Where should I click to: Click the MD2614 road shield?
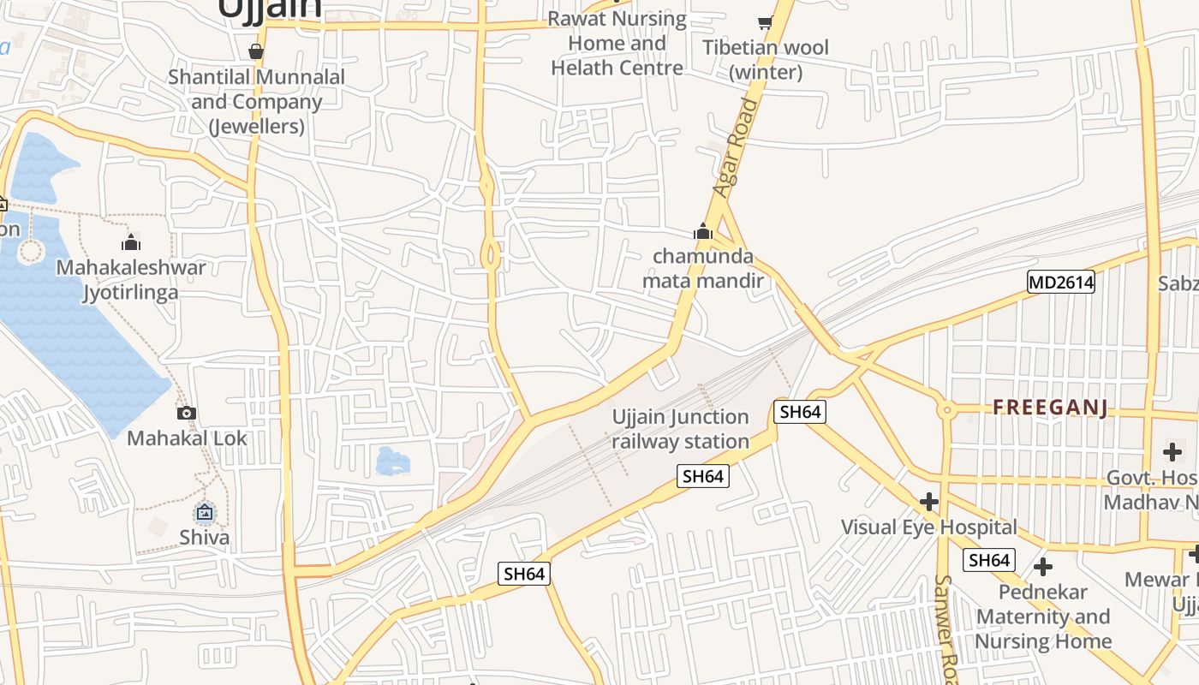1061,281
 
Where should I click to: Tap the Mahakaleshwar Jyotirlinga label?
131,280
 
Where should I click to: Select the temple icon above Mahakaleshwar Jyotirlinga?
131,242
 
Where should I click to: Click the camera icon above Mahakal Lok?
187,414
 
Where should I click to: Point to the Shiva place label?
205,538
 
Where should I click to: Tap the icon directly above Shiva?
205,512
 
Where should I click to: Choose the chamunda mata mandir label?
703,268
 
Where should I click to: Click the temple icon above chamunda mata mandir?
703,231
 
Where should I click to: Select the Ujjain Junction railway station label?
681,429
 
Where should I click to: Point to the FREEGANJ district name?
1051,408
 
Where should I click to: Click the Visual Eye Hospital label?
929,527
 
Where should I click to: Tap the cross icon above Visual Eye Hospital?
929,501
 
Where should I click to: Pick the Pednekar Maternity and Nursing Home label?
1043,616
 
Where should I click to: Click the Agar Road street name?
736,146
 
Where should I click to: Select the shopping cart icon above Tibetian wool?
765,22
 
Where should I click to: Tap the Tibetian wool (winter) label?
766,59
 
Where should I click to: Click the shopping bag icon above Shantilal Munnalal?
255,51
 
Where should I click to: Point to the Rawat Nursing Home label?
617,43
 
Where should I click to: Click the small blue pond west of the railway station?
393,462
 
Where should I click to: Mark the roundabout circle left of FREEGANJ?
946,410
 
